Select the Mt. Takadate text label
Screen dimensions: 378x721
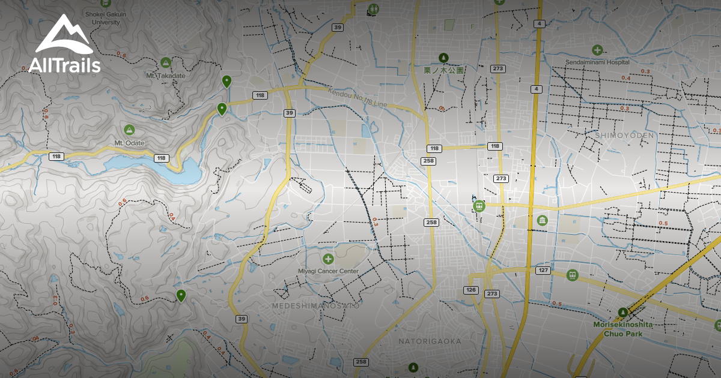(166, 76)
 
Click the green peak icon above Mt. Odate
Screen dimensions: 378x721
(129, 130)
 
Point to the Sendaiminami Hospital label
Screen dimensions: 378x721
(597, 62)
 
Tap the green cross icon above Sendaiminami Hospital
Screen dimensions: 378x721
(597, 50)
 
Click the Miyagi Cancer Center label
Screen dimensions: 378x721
(328, 271)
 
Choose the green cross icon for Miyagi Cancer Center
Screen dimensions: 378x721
(328, 259)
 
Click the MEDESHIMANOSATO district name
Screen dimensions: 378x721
(315, 305)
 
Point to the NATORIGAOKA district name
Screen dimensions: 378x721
(430, 341)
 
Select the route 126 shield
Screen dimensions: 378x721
(470, 290)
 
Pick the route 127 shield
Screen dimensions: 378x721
(543, 271)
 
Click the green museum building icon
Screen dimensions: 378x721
(542, 220)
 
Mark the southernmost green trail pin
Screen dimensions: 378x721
(180, 295)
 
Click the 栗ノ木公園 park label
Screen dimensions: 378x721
(444, 70)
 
